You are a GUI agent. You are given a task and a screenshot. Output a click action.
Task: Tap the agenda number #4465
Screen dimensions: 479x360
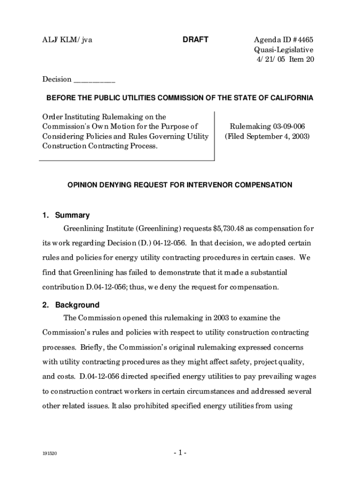point(298,40)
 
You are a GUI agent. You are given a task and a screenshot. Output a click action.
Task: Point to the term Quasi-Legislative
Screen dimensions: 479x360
point(284,50)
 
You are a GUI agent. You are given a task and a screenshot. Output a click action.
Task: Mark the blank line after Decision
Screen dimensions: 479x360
point(94,80)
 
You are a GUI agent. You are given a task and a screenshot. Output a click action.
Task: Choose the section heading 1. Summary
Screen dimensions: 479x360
point(65,215)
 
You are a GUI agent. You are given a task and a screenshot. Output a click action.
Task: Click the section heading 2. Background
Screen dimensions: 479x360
point(71,305)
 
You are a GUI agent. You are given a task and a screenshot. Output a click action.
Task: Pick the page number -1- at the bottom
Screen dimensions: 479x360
point(180,453)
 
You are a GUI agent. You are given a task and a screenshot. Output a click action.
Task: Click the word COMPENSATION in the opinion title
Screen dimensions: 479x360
point(264,185)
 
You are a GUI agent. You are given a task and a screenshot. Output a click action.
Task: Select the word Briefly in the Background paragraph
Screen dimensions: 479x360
point(93,348)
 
